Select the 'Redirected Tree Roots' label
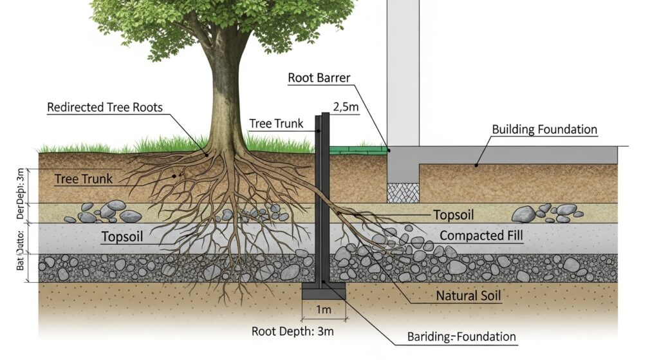[105, 108]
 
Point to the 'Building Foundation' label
[544, 129]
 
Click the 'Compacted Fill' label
[481, 236]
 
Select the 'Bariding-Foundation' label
[461, 336]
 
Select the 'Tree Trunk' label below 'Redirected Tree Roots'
[84, 179]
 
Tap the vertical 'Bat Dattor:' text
[20, 249]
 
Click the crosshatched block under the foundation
[403, 192]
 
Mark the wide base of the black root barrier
[324, 292]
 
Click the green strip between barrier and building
[358, 150]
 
